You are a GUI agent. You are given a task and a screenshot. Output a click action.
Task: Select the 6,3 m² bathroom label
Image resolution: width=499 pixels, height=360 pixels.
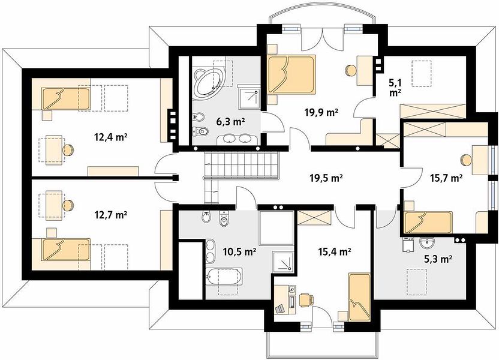tap(230, 121)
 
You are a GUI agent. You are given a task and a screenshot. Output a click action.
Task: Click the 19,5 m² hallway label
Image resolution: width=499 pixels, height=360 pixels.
tap(326, 178)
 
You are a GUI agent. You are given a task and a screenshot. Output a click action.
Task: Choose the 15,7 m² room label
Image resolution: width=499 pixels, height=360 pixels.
tap(446, 178)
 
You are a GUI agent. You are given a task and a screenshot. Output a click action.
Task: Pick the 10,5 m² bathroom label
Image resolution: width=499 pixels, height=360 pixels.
tap(240, 252)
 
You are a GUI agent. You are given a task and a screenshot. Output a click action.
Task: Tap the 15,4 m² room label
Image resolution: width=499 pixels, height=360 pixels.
tap(335, 252)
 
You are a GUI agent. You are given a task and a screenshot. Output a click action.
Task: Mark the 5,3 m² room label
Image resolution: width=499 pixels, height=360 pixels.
tap(438, 259)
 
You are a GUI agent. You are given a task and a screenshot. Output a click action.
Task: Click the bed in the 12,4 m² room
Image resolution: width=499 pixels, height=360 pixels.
tap(66, 98)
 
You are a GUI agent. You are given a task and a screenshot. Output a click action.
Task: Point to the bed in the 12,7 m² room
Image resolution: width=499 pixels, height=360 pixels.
tap(66, 250)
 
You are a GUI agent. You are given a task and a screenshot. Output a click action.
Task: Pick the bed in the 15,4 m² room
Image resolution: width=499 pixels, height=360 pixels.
tap(360, 297)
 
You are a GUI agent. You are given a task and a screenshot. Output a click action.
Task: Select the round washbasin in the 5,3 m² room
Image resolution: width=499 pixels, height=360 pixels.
tap(426, 244)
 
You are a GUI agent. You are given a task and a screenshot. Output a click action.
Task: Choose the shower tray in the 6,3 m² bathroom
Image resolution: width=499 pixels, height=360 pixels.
tap(249, 97)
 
